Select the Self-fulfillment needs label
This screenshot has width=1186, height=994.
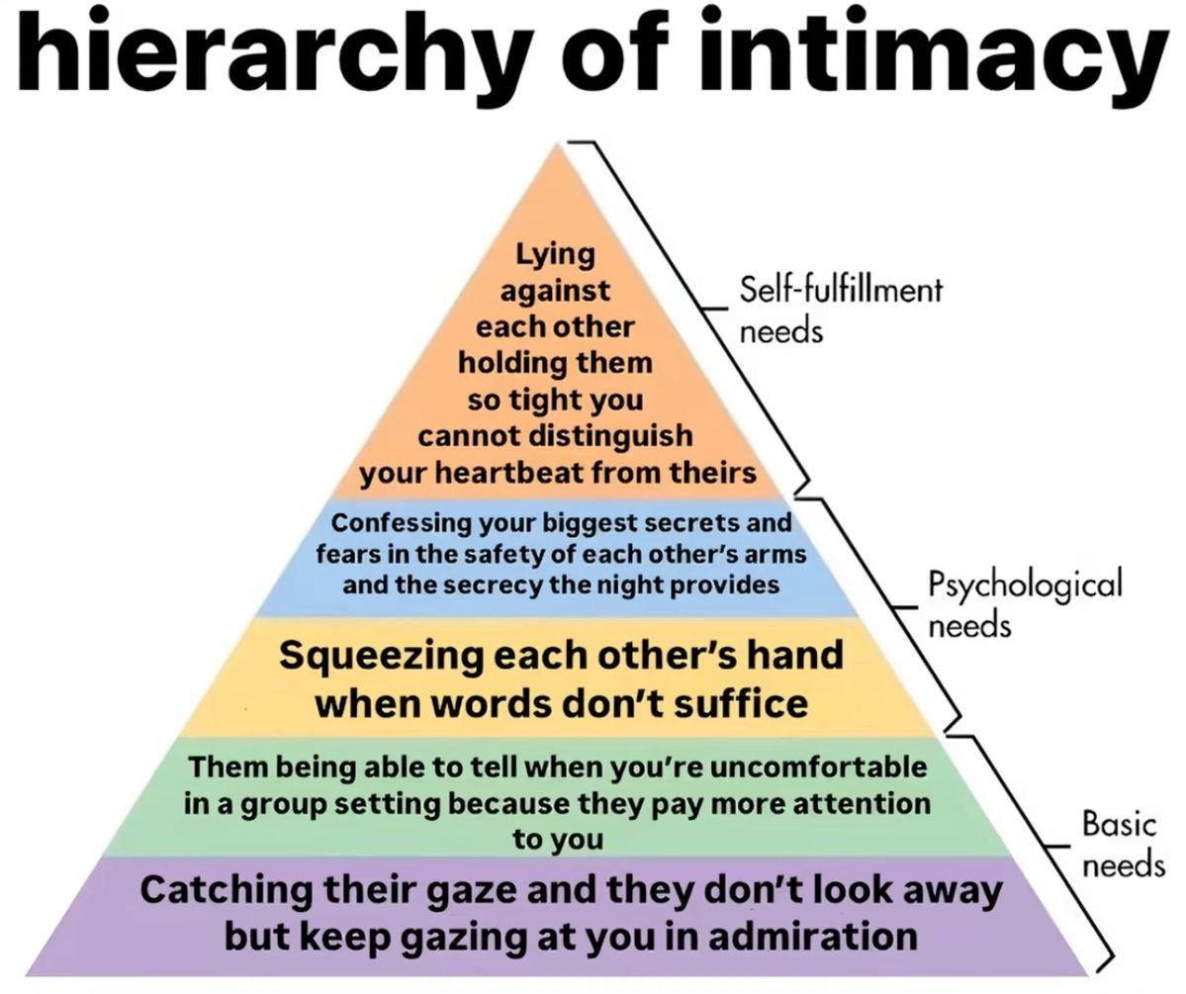click(x=841, y=310)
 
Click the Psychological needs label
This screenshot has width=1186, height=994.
click(x=1025, y=603)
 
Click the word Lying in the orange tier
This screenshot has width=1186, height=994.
click(x=555, y=255)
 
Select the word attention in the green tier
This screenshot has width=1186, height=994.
click(x=862, y=803)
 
